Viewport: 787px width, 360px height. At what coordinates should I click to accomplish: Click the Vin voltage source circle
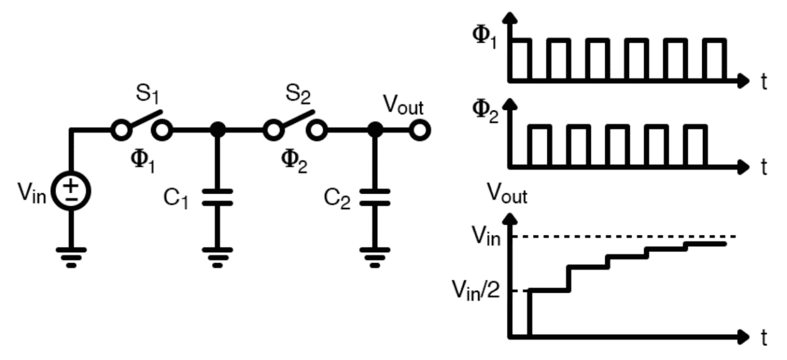click(x=71, y=191)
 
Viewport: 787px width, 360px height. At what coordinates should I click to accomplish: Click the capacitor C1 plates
click(x=218, y=197)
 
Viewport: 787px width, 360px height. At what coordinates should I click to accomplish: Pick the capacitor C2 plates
click(x=374, y=197)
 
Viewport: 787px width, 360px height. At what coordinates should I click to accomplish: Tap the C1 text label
click(x=177, y=198)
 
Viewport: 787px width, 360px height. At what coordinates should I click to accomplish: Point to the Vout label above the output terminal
click(x=403, y=108)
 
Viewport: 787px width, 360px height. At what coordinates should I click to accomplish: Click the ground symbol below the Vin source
click(x=71, y=256)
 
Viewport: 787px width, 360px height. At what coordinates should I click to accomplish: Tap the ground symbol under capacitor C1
click(x=218, y=256)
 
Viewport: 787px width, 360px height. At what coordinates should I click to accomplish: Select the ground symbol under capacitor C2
click(x=374, y=256)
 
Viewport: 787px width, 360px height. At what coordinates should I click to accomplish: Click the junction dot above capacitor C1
click(x=218, y=129)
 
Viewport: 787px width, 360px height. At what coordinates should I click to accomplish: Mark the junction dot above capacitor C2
click(x=374, y=129)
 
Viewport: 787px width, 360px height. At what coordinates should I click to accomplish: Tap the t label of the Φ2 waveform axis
click(x=764, y=167)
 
